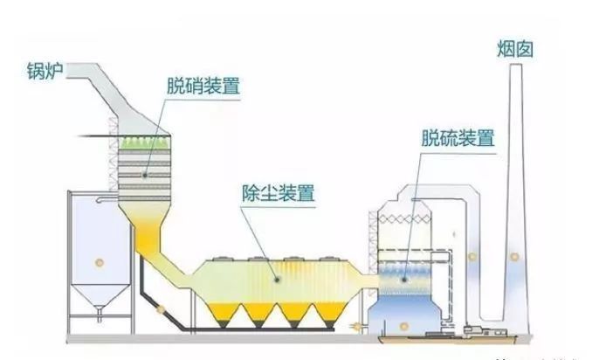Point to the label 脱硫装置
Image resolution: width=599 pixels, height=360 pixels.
[x=458, y=138]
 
